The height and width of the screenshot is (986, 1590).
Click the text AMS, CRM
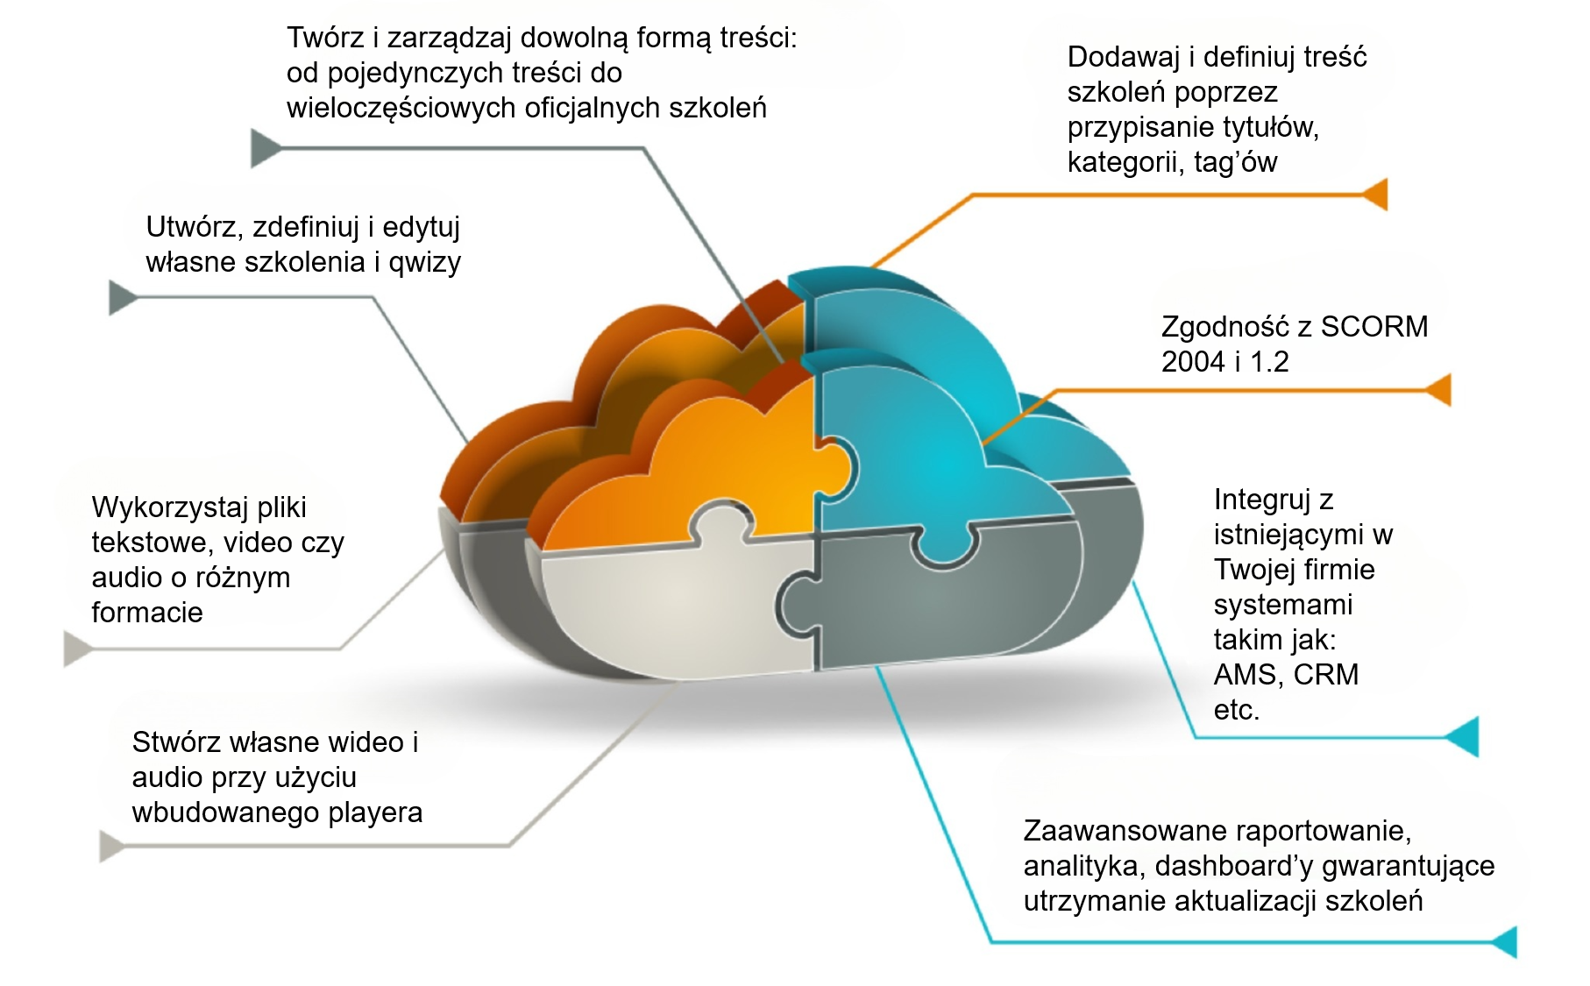pos(1286,675)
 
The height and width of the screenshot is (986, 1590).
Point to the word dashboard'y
pos(1233,866)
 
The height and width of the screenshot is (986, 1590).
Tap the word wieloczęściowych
pos(401,109)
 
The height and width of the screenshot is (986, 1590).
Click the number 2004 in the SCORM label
pos(1192,362)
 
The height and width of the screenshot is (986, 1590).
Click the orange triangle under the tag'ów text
pos(1376,194)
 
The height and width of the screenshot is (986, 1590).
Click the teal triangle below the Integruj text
pos(1463,736)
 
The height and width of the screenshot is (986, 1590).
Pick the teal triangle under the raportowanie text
pos(1504,942)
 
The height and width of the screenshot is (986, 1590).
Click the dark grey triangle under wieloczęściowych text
pos(264,148)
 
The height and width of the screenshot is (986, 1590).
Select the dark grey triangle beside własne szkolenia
pos(121,298)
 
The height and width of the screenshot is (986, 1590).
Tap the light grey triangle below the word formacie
pos(77,649)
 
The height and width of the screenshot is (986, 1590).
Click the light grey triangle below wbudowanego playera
pos(111,846)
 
